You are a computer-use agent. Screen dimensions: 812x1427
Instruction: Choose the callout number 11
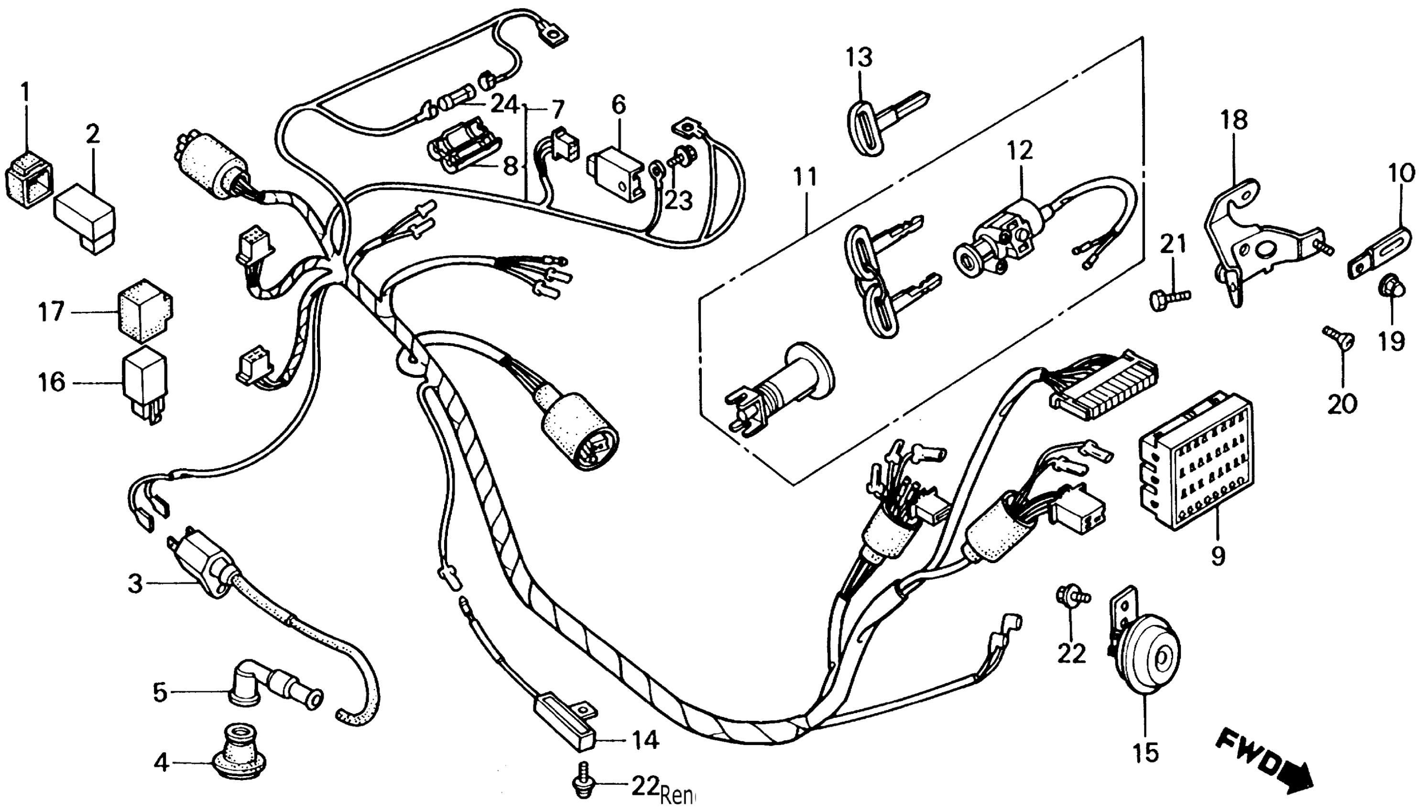click(x=804, y=177)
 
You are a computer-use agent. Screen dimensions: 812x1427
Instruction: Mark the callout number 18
click(x=1233, y=120)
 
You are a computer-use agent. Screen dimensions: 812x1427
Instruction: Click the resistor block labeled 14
click(x=564, y=723)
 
